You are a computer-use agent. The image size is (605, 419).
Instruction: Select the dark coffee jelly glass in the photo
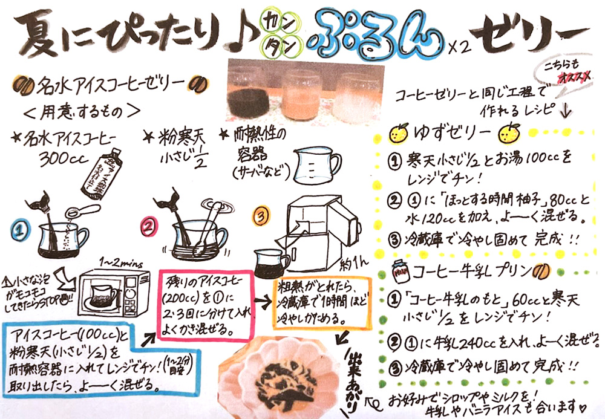pyautogui.click(x=247, y=94)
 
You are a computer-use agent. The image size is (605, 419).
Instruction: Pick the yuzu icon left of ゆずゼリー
pyautogui.click(x=400, y=134)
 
